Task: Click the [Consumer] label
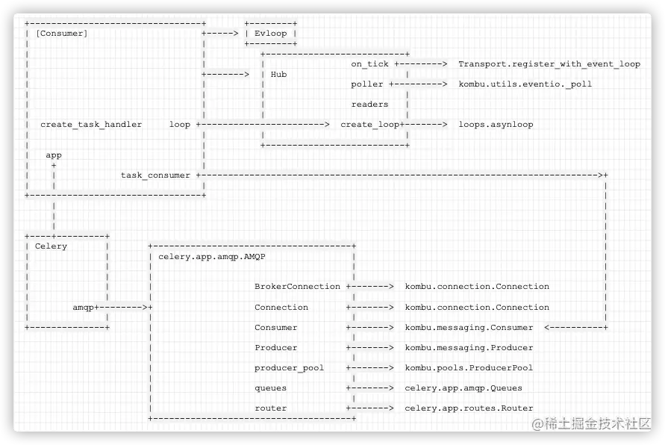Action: (x=61, y=34)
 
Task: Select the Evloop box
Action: (x=270, y=34)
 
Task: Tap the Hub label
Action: (x=278, y=75)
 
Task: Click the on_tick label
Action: (x=369, y=64)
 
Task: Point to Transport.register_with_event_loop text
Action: (x=549, y=64)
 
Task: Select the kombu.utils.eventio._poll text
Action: (x=525, y=84)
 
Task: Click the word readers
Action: (x=369, y=105)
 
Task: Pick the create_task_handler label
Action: (x=91, y=125)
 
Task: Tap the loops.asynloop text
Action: (x=496, y=125)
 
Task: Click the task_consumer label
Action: (x=155, y=175)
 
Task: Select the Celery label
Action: (x=51, y=246)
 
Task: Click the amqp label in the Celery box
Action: (x=83, y=307)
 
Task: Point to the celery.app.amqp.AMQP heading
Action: (x=212, y=256)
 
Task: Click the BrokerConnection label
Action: (x=297, y=287)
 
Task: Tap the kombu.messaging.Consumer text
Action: (x=469, y=327)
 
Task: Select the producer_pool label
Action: (x=289, y=368)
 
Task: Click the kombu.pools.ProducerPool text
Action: (x=469, y=368)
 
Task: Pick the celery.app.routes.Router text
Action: (x=469, y=408)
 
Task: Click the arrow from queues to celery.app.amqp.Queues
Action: (x=370, y=388)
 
